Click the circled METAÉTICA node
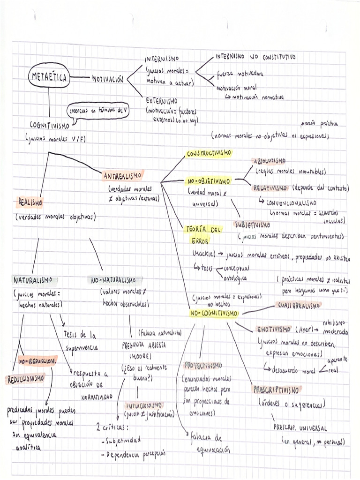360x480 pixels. point(49,77)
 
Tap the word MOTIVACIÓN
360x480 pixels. point(108,79)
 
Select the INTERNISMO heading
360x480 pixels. point(162,59)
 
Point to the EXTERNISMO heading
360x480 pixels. point(161,100)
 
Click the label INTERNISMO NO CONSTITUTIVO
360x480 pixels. point(255,57)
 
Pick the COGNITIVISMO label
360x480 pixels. point(49,126)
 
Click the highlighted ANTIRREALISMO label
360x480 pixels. point(122,176)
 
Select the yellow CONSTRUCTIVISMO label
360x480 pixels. point(209,153)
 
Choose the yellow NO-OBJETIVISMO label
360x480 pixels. point(209,181)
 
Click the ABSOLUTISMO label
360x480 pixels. point(269,161)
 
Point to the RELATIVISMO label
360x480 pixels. point(270,187)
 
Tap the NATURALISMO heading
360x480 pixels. point(33,280)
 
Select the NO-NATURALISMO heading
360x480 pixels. point(114,280)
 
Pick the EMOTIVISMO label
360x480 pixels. point(275,329)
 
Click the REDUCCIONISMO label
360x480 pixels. point(26,378)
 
